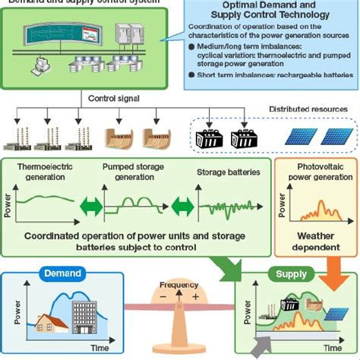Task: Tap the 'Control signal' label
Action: coord(112,98)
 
